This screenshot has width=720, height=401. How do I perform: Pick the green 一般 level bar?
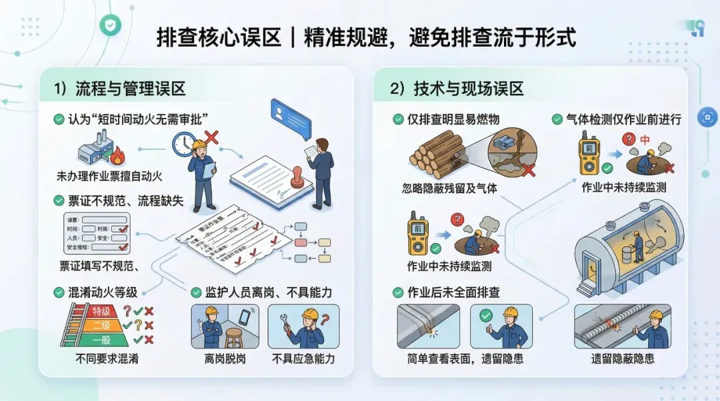tap(101, 339)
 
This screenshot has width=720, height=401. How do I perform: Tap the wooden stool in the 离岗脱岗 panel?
tap(233, 337)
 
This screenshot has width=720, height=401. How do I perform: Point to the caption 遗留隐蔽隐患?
tap(623, 358)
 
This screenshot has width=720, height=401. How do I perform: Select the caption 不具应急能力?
tap(303, 359)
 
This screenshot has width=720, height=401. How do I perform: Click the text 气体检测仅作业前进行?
tap(623, 120)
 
